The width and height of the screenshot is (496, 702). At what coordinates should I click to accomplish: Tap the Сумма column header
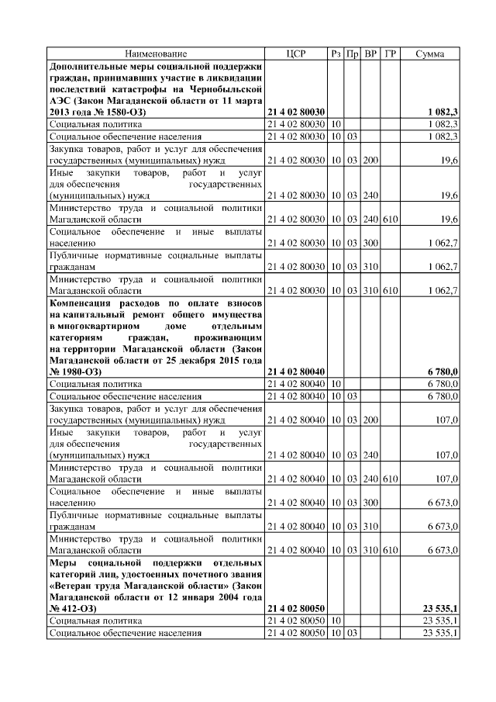(x=429, y=54)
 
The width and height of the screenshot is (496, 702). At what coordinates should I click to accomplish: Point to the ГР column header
(x=391, y=54)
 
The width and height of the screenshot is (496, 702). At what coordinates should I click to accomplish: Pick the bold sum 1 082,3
(x=443, y=112)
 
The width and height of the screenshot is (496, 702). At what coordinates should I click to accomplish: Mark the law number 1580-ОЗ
(x=122, y=112)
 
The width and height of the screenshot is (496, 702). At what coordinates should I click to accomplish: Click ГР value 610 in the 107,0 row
(x=391, y=479)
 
